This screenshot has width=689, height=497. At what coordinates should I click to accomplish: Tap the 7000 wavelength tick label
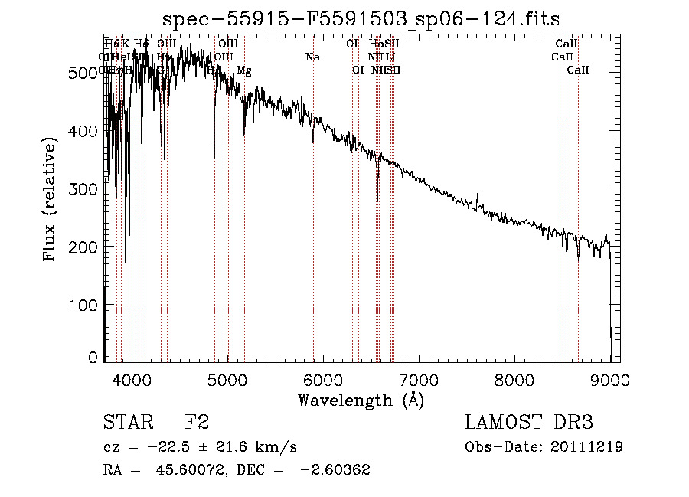[x=419, y=379]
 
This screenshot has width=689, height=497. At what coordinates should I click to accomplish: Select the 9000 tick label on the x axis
[x=610, y=379]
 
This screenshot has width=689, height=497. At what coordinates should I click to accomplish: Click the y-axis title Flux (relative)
[x=51, y=201]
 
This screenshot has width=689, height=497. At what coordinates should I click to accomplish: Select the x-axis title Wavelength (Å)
[x=361, y=400]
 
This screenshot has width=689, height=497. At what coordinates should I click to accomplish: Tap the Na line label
[x=312, y=57]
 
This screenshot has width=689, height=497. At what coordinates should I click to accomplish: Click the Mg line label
[x=243, y=70]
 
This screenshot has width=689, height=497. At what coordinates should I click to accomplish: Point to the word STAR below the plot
[x=126, y=423]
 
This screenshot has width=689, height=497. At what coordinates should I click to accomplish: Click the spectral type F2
[x=197, y=423]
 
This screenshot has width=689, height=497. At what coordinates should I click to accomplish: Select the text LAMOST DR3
[x=529, y=423]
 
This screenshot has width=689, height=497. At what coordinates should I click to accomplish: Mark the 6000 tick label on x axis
[x=323, y=379]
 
